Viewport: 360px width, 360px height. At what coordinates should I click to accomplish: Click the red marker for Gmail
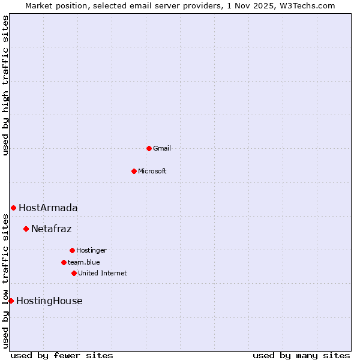point(149,148)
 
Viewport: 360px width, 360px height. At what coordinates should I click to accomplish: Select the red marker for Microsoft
point(134,171)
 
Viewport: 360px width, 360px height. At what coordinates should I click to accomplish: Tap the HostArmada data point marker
point(13,208)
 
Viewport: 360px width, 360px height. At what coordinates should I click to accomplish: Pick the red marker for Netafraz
point(26,229)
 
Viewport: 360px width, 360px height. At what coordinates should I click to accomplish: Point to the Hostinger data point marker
point(72,250)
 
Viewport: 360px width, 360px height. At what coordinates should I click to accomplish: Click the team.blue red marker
point(64,262)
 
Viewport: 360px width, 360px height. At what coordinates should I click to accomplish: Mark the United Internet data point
point(74,273)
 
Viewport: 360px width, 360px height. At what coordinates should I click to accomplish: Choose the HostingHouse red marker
point(11,301)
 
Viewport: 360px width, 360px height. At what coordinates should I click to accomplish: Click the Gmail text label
point(162,148)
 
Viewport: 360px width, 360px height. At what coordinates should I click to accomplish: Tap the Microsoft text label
point(152,171)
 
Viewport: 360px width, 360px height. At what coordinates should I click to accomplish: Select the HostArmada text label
point(48,208)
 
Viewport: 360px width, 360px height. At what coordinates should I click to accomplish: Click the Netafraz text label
point(52,229)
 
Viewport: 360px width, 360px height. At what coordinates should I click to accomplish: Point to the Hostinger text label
point(91,250)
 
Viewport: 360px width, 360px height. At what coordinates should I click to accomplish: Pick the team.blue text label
point(84,262)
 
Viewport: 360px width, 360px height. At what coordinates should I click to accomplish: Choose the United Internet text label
point(103,273)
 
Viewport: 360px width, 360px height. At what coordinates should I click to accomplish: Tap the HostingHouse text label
point(49,301)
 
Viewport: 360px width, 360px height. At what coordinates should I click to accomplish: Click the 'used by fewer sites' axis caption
point(62,355)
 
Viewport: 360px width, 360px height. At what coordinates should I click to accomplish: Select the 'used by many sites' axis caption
point(301,355)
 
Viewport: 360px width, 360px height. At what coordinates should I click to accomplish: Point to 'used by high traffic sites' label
point(5,85)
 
